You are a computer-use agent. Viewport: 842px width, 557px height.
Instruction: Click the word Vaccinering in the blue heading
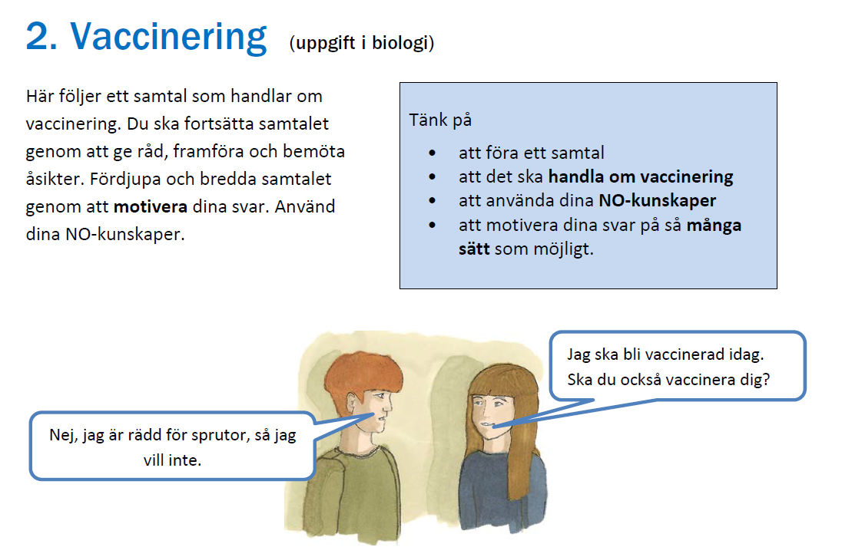point(168,38)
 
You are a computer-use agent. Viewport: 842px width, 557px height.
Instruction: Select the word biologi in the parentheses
point(399,43)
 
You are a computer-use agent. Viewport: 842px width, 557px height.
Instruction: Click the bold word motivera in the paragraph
point(151,206)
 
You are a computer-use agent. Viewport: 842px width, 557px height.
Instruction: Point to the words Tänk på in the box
point(440,120)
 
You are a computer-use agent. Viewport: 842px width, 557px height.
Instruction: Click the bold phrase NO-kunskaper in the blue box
point(658,200)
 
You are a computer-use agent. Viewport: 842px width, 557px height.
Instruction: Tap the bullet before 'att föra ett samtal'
point(433,153)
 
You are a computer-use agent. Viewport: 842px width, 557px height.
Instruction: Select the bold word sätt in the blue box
point(474,249)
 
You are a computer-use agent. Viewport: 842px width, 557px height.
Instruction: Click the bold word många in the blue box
point(714,226)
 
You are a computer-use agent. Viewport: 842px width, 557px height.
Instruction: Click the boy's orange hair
point(363,372)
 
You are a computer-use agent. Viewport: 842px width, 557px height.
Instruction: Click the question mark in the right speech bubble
point(765,380)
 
